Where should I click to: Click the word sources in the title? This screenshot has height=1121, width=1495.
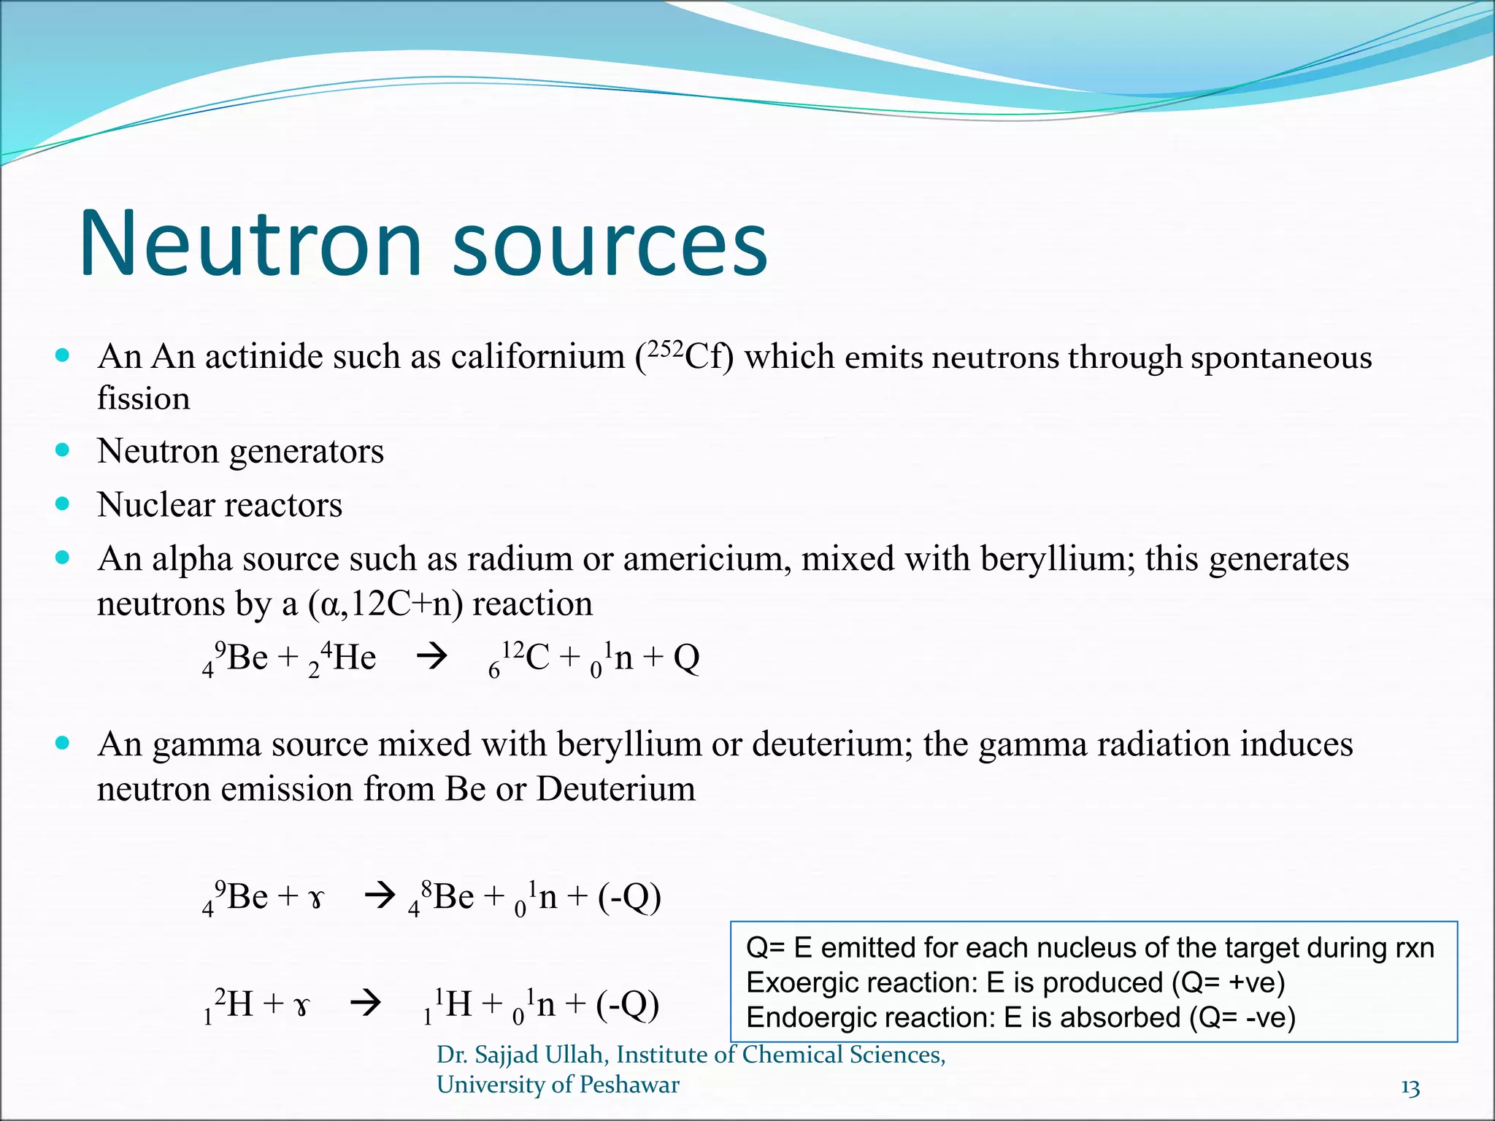click(x=610, y=248)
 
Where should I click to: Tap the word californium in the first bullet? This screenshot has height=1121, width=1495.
click(x=537, y=357)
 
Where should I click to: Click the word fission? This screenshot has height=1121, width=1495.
click(x=144, y=398)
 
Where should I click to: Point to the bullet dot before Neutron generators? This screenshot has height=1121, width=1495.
click(x=63, y=450)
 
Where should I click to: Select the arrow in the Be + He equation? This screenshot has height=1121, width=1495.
click(x=431, y=657)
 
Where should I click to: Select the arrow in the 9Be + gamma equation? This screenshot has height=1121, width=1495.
click(x=380, y=895)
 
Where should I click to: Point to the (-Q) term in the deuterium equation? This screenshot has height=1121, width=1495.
click(x=628, y=1005)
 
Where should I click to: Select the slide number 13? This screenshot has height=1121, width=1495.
click(x=1410, y=1088)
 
